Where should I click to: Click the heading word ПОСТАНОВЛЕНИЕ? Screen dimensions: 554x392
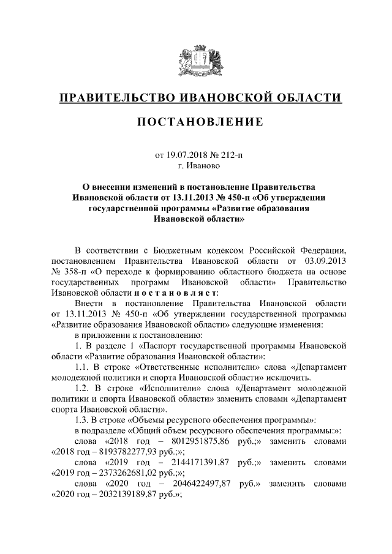(x=196, y=122)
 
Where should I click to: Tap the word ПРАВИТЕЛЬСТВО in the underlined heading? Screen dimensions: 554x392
(x=115, y=97)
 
